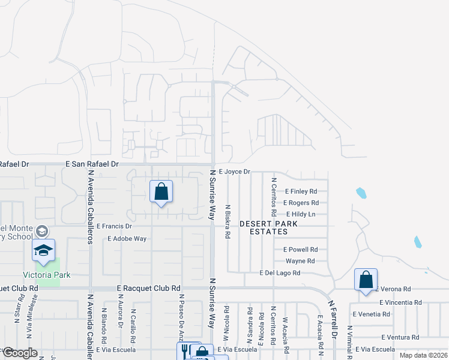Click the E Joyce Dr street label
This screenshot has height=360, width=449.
234,172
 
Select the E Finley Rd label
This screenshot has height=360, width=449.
300,191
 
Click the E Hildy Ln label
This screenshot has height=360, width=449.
301,214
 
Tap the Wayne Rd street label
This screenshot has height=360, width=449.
300,261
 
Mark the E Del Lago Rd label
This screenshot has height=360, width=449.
280,273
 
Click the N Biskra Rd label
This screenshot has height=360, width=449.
228,221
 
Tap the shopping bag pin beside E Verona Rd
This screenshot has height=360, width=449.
366,280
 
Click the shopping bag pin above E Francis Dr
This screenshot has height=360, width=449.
161,192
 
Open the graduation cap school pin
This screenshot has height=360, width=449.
43,250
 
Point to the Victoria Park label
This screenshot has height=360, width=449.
47,275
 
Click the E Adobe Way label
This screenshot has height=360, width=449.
127,238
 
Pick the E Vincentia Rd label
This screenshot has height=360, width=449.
400,302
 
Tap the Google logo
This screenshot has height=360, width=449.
19,353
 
